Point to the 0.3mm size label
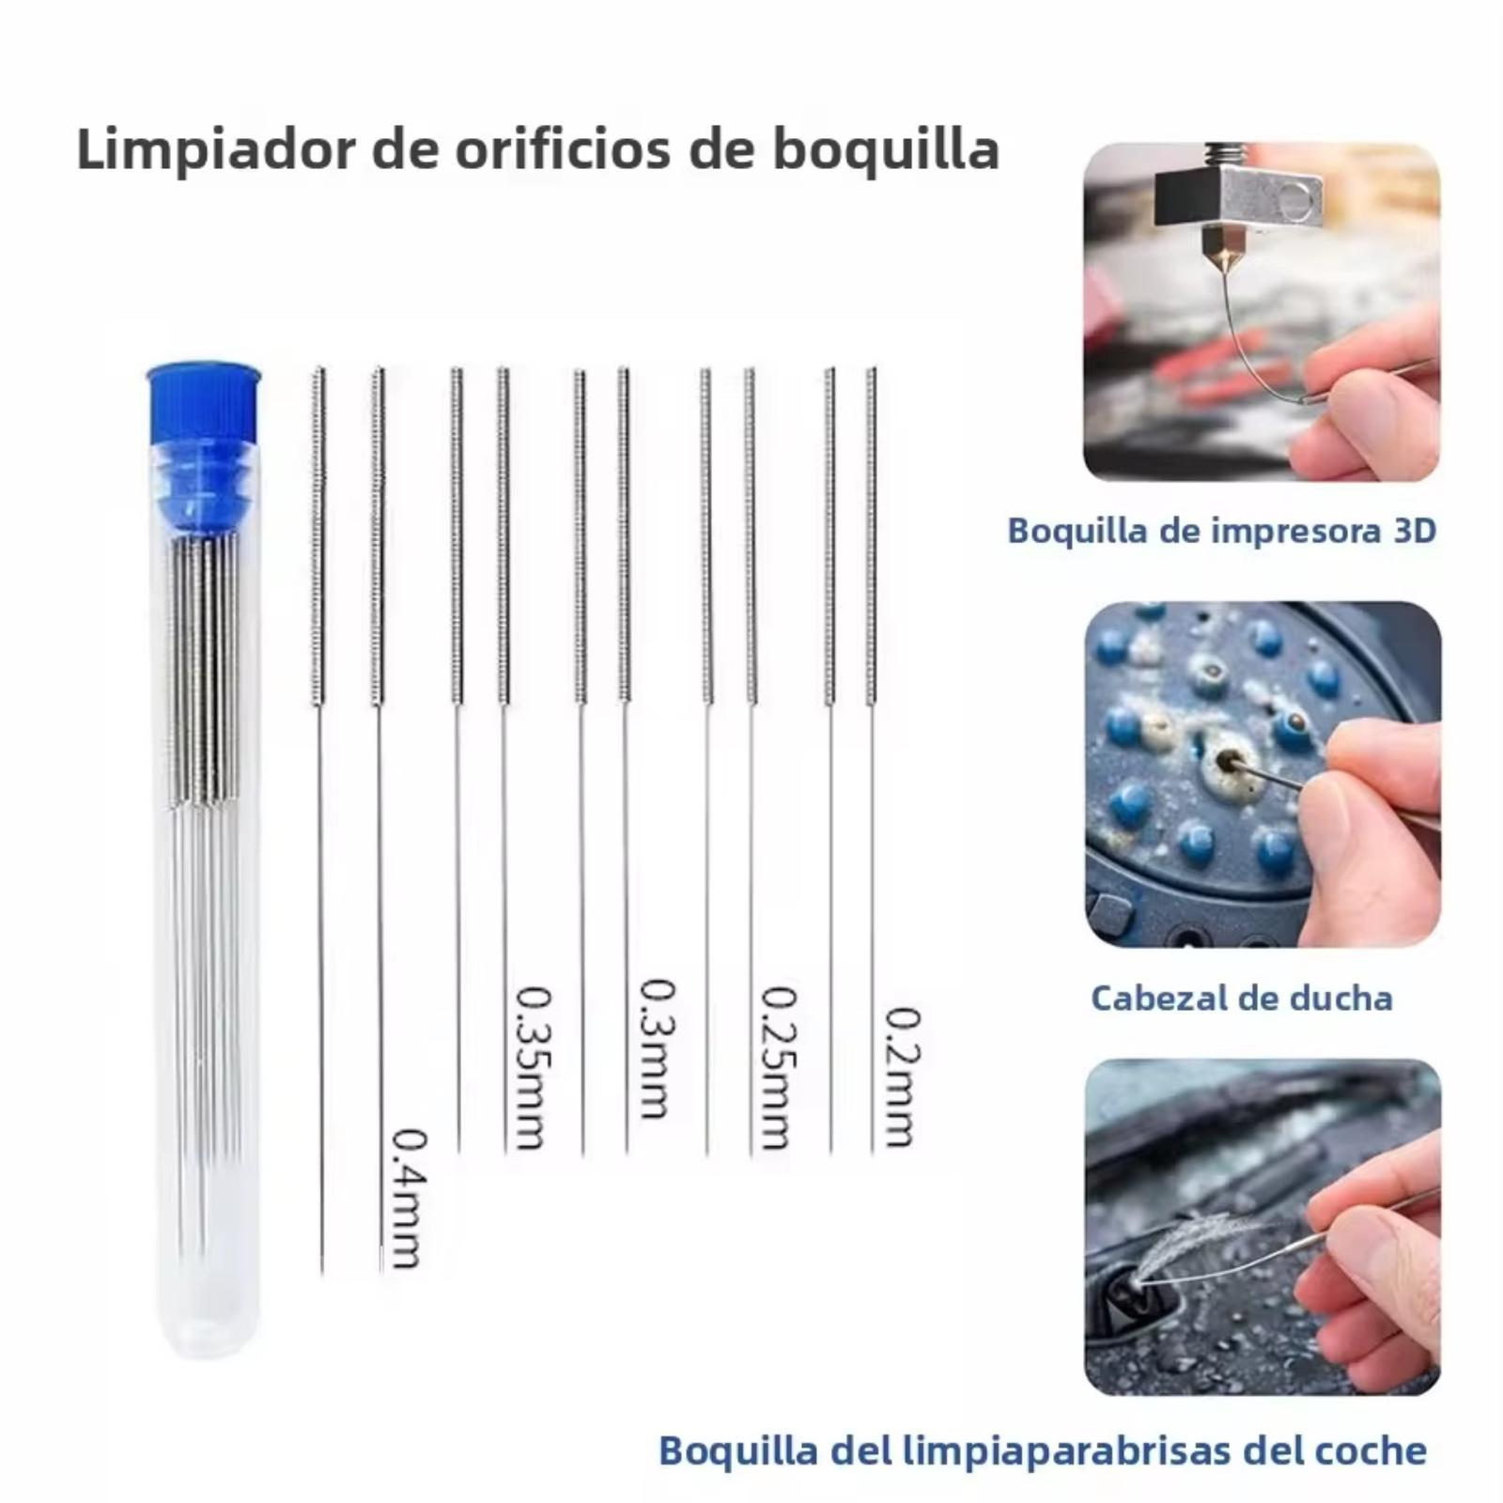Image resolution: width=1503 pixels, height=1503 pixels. (656, 1048)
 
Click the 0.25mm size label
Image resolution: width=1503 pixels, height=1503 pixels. (778, 1067)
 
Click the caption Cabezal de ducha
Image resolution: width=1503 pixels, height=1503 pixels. (1242, 998)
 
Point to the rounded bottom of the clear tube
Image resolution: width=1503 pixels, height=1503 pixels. (204, 1334)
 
